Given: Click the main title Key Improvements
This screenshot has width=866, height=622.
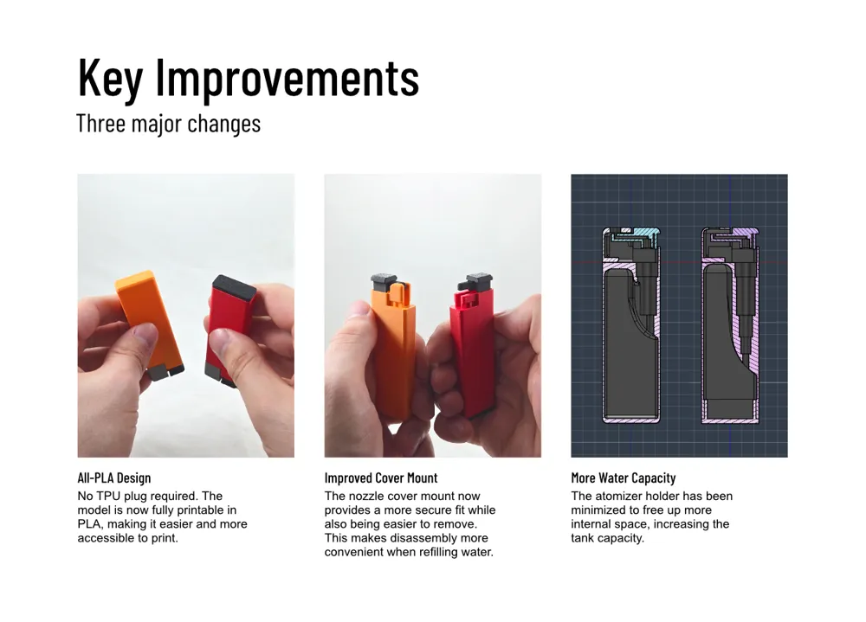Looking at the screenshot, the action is (249, 78).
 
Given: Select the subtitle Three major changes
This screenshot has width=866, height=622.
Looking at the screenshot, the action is (169, 123).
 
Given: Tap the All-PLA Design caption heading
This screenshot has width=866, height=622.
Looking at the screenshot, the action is (113, 478).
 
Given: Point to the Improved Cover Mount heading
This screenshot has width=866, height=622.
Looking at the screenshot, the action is (380, 478).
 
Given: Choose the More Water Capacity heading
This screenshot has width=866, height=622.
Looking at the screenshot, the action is (623, 478).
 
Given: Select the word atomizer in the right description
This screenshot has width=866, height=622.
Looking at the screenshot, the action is (620, 496).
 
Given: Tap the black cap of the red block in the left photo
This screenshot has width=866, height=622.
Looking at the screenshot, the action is (234, 287).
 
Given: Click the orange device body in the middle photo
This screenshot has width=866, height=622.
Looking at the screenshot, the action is (393, 353).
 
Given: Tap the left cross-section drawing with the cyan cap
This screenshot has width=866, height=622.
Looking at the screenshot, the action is (631, 325).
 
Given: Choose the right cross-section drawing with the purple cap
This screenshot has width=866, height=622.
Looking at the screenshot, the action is (730, 325).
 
